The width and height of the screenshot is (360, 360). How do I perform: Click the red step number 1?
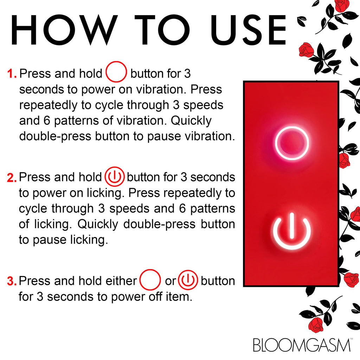coord(12,74)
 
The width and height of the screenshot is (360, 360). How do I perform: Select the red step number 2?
coord(12,178)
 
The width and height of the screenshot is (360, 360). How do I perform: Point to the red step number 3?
coord(12,281)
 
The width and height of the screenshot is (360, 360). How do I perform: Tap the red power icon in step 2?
coord(115,176)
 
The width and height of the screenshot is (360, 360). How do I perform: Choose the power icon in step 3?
coord(188,280)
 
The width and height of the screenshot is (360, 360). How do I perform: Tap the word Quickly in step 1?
coord(191,121)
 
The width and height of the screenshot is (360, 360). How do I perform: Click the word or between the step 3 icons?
coord(171,282)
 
